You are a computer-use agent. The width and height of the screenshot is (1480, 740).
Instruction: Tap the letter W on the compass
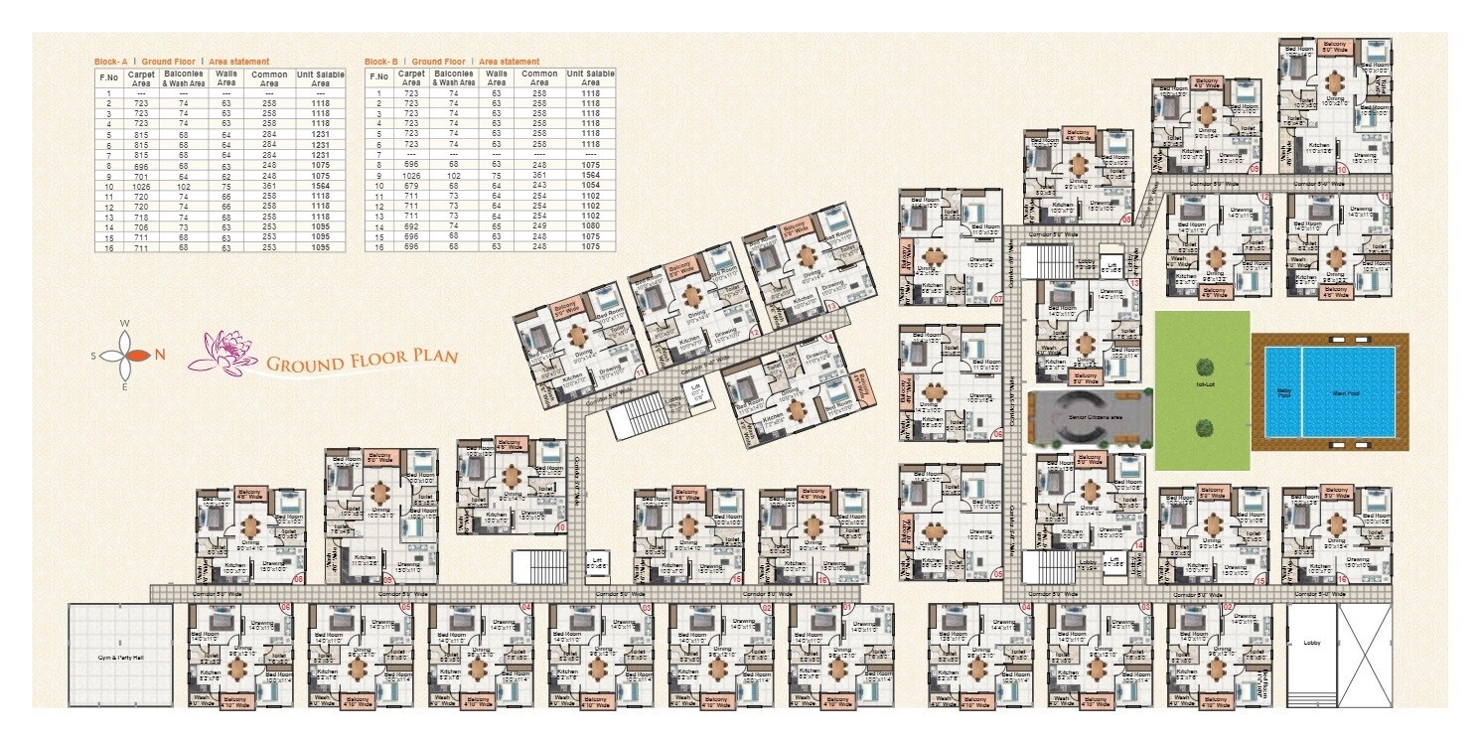tap(124, 324)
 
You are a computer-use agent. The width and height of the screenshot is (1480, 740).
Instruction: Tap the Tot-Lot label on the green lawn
tap(1202, 381)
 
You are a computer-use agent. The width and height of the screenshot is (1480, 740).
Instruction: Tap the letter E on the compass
tap(124, 386)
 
